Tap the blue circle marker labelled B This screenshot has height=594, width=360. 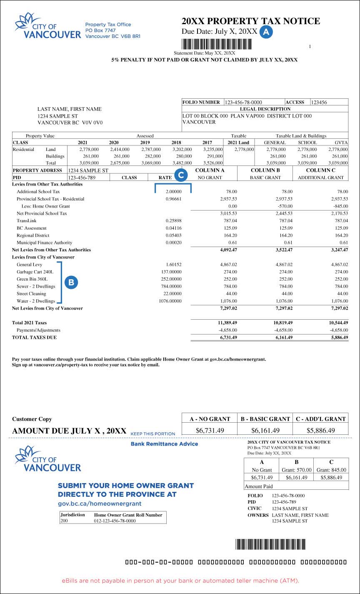coord(71,283)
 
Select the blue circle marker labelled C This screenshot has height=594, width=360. coord(180,175)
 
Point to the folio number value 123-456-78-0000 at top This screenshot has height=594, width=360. coord(243,102)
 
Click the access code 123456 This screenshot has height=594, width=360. coord(319,102)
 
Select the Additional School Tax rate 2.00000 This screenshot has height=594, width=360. coord(173,191)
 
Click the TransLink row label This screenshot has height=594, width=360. coord(26,221)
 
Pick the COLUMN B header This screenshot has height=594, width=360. coord(265,170)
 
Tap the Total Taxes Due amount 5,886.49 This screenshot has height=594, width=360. coord(337,337)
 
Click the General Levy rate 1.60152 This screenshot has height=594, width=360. coord(173,264)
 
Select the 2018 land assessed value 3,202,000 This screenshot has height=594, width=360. coord(182,149)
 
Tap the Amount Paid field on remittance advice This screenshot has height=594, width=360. coord(296,486)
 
